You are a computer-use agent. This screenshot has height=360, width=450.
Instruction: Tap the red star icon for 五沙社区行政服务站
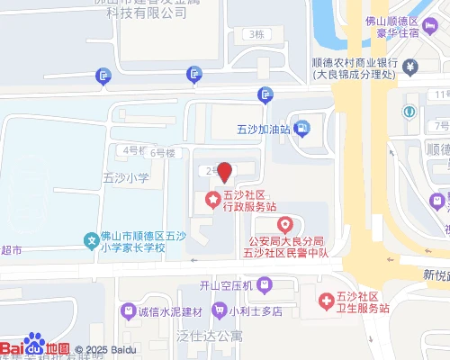[x=213, y=200]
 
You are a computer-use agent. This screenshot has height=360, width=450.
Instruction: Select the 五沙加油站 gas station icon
[x=301, y=129]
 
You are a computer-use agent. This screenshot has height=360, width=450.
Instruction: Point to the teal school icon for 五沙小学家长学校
[x=91, y=240]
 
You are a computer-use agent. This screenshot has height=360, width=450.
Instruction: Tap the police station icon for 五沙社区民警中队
[x=285, y=224]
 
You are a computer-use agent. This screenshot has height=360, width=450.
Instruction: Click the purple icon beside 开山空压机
[x=264, y=286]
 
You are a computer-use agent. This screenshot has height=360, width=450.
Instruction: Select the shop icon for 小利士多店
[x=219, y=311]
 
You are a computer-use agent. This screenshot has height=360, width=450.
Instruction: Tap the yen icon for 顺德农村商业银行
[x=409, y=66]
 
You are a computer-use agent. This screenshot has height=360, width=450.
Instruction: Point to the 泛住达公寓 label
[x=210, y=336]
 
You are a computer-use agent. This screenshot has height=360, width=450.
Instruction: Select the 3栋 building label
[x=257, y=34]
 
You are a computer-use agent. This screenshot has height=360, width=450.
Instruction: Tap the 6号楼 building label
[x=163, y=152]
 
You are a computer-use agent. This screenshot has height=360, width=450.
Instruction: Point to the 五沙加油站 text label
[x=266, y=129]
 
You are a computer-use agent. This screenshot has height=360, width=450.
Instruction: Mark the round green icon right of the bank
[x=409, y=112]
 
